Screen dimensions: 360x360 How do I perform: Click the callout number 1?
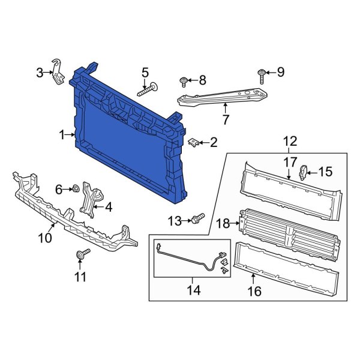[62, 136]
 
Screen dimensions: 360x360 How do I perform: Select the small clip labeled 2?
[194, 142]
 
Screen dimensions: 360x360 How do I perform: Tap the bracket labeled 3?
[58, 72]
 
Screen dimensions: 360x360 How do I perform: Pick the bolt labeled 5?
[148, 90]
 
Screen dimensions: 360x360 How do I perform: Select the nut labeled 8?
[185, 80]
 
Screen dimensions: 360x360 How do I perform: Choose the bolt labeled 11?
[80, 256]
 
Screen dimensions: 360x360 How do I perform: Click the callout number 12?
[290, 141]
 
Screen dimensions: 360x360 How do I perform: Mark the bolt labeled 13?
[199, 217]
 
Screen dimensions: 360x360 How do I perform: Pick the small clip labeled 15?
[304, 173]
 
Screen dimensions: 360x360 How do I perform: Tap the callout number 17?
[290, 161]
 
